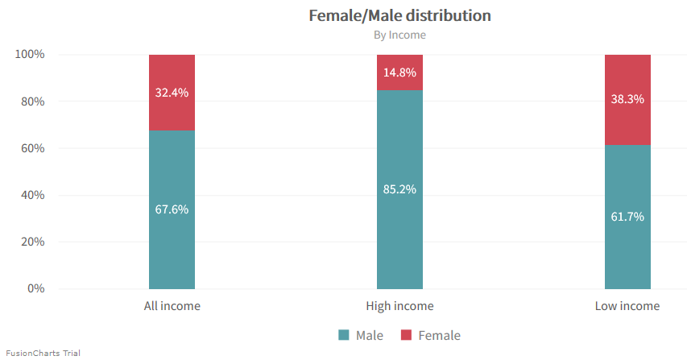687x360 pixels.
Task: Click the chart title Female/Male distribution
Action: [x=399, y=15]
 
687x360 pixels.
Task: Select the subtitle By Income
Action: [x=399, y=35]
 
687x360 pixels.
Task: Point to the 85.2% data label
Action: [x=399, y=190]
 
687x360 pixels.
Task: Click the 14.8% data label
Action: [x=399, y=72]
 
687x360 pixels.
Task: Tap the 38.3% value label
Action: [x=627, y=99]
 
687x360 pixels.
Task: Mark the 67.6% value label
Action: [x=172, y=209]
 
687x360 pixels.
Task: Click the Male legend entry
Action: [x=361, y=335]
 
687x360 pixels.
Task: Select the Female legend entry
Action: [x=430, y=335]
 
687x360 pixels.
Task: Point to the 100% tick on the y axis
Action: [x=30, y=55]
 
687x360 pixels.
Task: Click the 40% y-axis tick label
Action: [x=32, y=195]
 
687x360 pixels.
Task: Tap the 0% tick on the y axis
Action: [x=35, y=288]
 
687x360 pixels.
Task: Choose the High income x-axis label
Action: [x=399, y=306]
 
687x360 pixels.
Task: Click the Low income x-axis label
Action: [x=627, y=306]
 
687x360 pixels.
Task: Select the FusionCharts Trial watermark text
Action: [x=43, y=353]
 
